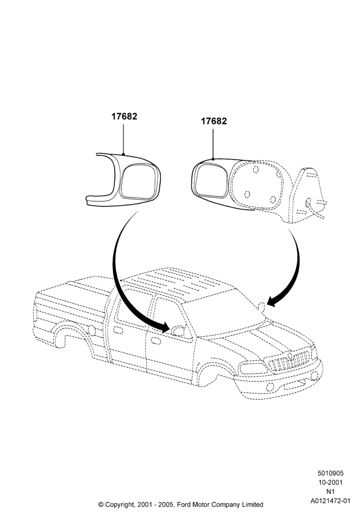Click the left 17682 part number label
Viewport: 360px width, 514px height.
point(124,116)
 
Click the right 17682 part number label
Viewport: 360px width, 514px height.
point(214,121)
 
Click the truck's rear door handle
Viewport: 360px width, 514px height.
point(118,329)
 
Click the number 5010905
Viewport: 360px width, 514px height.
point(330,473)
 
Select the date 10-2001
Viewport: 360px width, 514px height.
point(330,483)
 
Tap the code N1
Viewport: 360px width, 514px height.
point(330,492)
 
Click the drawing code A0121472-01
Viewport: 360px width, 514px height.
point(330,501)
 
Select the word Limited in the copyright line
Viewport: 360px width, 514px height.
point(252,505)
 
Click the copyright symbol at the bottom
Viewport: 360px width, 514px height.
point(101,505)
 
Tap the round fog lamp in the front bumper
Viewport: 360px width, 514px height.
point(270,387)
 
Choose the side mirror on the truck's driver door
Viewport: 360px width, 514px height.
point(178,331)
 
